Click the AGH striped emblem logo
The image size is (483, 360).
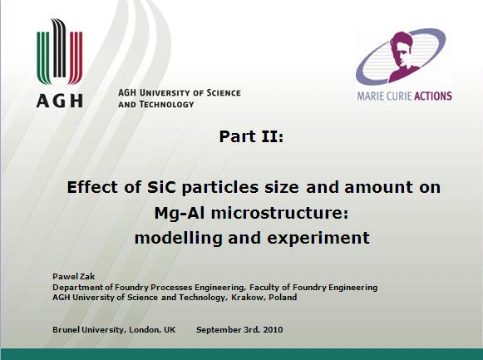(x=60, y=52)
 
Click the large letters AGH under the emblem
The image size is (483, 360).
(x=60, y=101)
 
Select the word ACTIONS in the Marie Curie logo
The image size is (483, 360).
(x=433, y=96)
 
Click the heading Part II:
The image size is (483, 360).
(x=251, y=136)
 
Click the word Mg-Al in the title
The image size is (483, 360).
(x=180, y=213)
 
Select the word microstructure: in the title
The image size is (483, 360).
(x=279, y=213)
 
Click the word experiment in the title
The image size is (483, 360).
(x=318, y=239)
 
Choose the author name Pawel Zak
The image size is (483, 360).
(x=74, y=276)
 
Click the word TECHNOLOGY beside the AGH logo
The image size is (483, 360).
(x=166, y=105)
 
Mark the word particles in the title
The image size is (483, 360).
(x=220, y=187)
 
